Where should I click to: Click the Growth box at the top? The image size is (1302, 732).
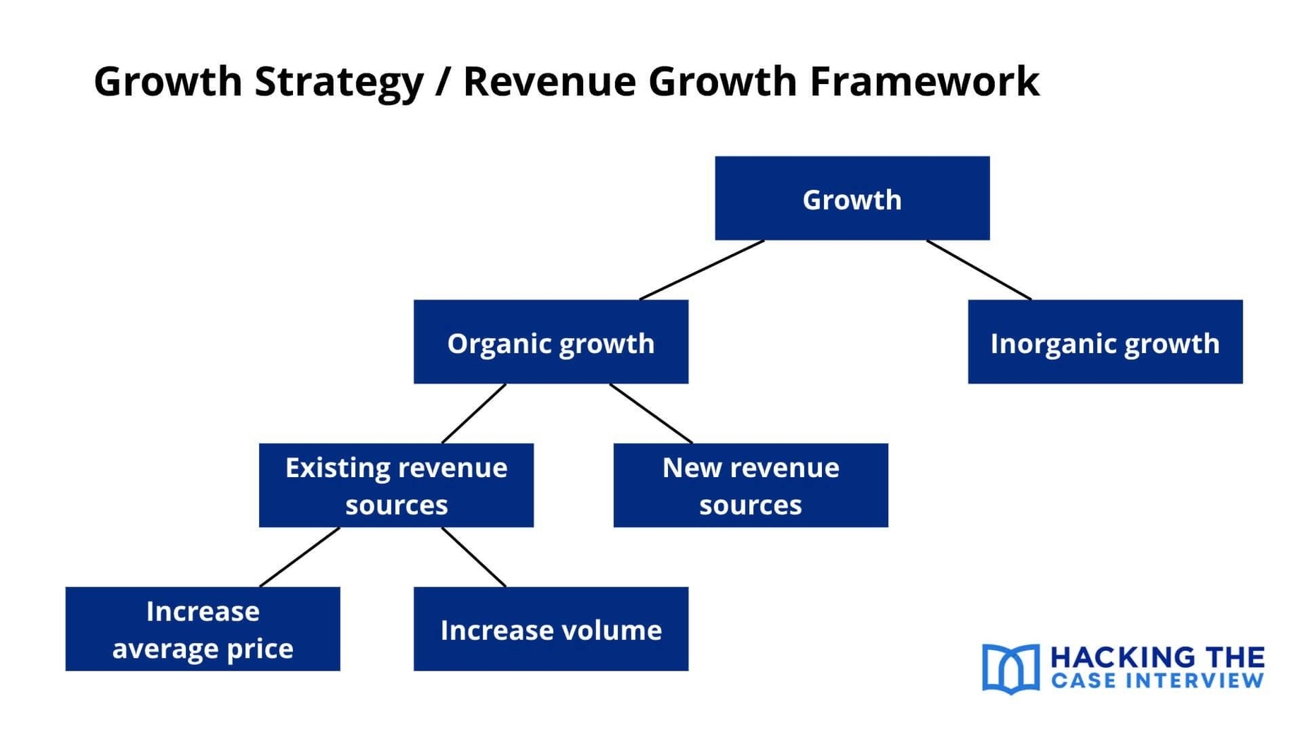(852, 198)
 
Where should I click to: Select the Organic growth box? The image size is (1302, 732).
(551, 342)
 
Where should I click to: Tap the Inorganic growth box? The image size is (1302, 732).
(1104, 342)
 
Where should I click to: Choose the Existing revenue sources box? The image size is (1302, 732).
(396, 485)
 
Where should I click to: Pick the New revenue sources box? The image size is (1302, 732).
(751, 485)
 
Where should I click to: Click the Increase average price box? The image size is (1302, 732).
(203, 628)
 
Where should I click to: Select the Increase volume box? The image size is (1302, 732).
(551, 628)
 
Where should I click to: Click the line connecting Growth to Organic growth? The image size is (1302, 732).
(702, 270)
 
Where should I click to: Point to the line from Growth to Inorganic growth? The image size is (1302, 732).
(979, 270)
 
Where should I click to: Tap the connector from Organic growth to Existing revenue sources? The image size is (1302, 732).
(474, 414)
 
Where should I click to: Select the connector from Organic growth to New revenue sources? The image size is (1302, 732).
(651, 414)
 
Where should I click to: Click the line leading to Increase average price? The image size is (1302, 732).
(300, 557)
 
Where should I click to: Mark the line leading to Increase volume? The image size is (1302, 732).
(474, 557)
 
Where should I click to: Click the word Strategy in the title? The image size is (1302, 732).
(338, 81)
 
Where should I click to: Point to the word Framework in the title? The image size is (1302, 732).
(924, 81)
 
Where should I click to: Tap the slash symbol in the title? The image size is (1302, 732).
(443, 81)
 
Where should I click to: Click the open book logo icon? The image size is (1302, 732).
(1010, 668)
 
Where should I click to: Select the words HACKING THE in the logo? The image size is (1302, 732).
(1158, 657)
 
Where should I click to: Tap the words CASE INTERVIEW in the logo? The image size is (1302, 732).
(1158, 681)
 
